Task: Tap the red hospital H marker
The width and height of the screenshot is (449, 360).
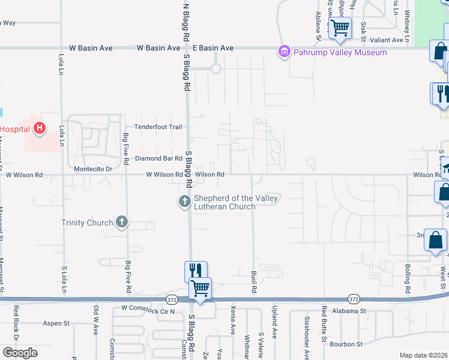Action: point(39,128)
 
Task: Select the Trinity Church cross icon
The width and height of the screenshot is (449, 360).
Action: point(122,223)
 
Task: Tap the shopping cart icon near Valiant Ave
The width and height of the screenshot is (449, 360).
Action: point(340,28)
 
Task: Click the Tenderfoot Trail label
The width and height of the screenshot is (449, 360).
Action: point(158,127)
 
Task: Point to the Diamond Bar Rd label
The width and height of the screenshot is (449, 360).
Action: point(158,158)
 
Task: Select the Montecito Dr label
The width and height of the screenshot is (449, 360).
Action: point(92,169)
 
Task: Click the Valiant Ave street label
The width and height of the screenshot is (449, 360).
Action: point(389,40)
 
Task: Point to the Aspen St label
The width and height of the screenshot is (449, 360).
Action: point(57,323)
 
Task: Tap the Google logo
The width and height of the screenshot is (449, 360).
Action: point(20,353)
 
